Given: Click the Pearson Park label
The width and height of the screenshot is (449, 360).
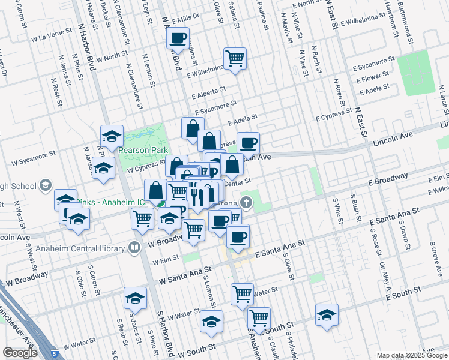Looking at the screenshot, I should pyautogui.click(x=142, y=151).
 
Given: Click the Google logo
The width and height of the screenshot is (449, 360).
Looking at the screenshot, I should pyautogui.click(x=20, y=353).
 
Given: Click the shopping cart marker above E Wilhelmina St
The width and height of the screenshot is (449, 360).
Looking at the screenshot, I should pyautogui.click(x=235, y=59).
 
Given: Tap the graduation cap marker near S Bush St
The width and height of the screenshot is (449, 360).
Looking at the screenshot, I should pyautogui.click(x=327, y=315).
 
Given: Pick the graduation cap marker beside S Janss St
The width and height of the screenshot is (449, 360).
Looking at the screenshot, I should pyautogui.click(x=135, y=298).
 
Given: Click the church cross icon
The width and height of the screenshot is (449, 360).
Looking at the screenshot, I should pyautogui.click(x=246, y=202).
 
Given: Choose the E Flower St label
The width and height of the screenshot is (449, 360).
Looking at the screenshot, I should pyautogui.click(x=372, y=78).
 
